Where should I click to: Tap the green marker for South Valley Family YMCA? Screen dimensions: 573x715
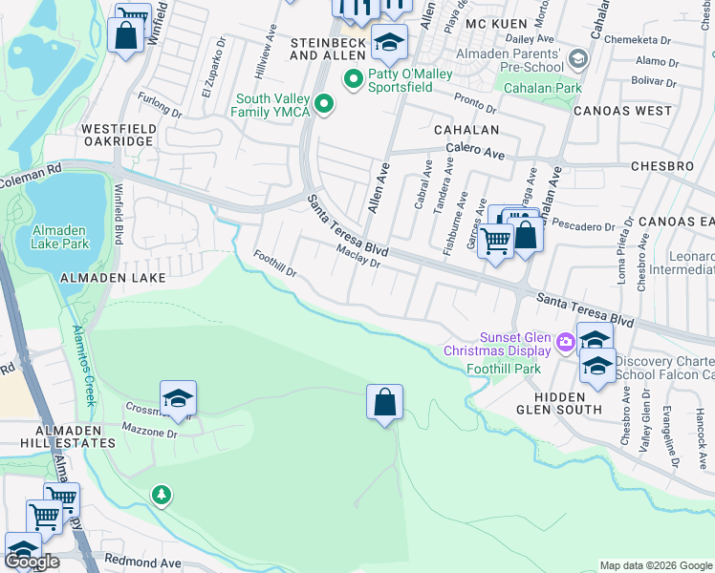[x=325, y=105]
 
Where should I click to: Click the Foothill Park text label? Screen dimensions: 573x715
[x=503, y=368]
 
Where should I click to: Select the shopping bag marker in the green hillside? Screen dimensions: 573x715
[x=384, y=403]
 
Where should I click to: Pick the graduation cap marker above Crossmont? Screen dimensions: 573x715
[x=178, y=399]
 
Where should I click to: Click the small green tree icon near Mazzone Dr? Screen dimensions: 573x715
[x=162, y=494]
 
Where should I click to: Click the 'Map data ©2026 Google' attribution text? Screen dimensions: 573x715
[x=656, y=565]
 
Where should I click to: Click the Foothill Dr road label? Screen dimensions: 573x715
[x=275, y=263]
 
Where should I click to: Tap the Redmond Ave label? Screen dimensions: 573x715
[x=142, y=561]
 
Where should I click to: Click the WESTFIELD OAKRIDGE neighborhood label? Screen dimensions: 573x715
[x=118, y=134]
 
